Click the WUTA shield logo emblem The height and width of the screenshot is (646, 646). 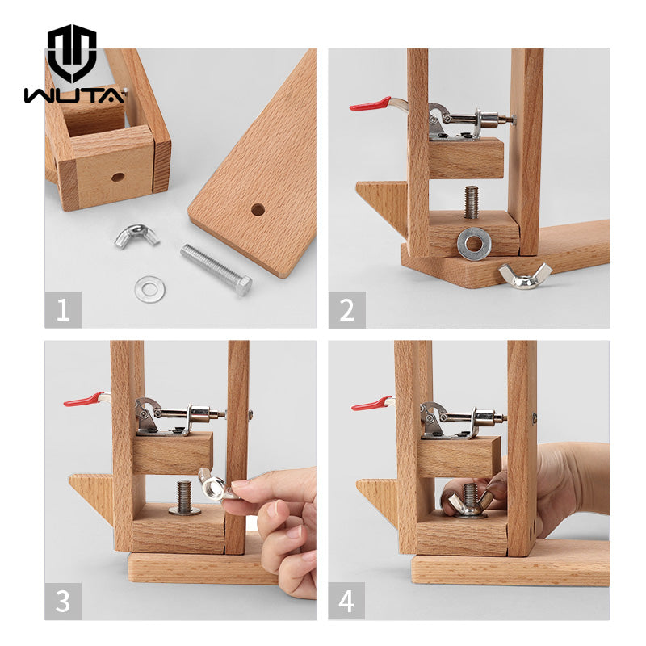click(72, 52)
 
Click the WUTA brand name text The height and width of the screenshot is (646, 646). click(74, 95)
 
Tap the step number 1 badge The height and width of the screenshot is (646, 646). click(63, 310)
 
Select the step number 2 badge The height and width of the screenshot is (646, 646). click(346, 310)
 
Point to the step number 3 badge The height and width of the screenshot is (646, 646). click(63, 601)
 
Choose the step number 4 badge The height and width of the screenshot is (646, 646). click(346, 601)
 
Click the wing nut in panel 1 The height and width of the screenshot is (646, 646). click(136, 236)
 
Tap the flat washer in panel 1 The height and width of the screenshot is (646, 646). click(150, 289)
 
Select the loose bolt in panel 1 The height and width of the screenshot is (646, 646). click(216, 269)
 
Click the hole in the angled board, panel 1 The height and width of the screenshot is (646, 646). click(258, 210)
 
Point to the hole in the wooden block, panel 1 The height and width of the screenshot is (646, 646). click(118, 178)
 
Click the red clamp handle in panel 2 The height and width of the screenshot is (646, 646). click(371, 104)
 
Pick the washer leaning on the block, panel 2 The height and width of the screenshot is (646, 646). click(474, 244)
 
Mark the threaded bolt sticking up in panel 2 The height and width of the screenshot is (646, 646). click(472, 202)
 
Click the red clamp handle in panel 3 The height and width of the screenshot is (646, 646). click(84, 399)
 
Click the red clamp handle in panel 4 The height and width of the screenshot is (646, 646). click(371, 403)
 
